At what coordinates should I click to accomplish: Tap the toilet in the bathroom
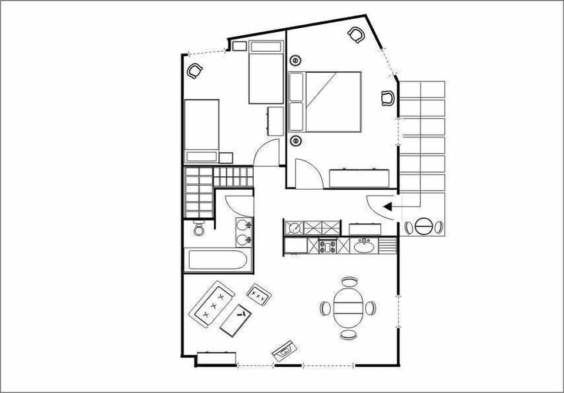pyautogui.click(x=198, y=229)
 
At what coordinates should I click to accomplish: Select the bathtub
pyautogui.click(x=217, y=259)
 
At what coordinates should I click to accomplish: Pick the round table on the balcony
pyautogui.click(x=424, y=227)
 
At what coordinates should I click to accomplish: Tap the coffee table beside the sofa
pyautogui.click(x=236, y=320)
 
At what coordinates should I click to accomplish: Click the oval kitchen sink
pyautogui.click(x=365, y=246)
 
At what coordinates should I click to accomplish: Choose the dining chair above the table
pyautogui.click(x=349, y=282)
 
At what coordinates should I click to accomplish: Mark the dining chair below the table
pyautogui.click(x=348, y=335)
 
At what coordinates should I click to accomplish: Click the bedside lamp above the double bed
pyautogui.click(x=296, y=60)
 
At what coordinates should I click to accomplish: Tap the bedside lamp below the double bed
pyautogui.click(x=296, y=140)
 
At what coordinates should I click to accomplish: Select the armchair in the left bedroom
pyautogui.click(x=194, y=71)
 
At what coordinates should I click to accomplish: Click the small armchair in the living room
pyautogui.click(x=259, y=293)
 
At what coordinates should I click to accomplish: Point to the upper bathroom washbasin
pyautogui.click(x=244, y=224)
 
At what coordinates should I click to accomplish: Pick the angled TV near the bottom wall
pyautogui.click(x=284, y=351)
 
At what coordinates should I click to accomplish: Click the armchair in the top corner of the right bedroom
pyautogui.click(x=356, y=35)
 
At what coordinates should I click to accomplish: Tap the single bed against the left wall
pyautogui.click(x=202, y=130)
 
